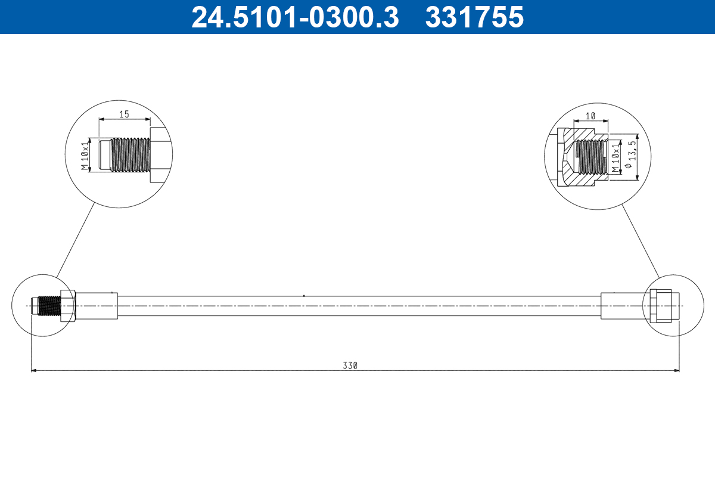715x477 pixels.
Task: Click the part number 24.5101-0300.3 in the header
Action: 294,17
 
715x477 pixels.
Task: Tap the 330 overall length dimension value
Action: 350,366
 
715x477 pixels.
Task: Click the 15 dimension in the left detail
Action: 124,114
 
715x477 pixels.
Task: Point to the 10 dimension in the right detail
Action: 590,116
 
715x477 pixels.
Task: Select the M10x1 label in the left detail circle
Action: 85,156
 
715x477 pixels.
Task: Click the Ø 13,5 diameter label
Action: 630,156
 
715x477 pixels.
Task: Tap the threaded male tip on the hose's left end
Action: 48,306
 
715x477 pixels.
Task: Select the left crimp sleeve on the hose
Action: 97,306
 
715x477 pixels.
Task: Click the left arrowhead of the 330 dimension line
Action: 34,370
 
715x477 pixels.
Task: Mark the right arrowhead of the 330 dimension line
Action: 676,370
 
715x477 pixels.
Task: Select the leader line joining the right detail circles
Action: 641,240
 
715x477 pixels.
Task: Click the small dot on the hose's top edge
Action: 304,295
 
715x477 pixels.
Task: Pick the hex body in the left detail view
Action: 160,156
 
